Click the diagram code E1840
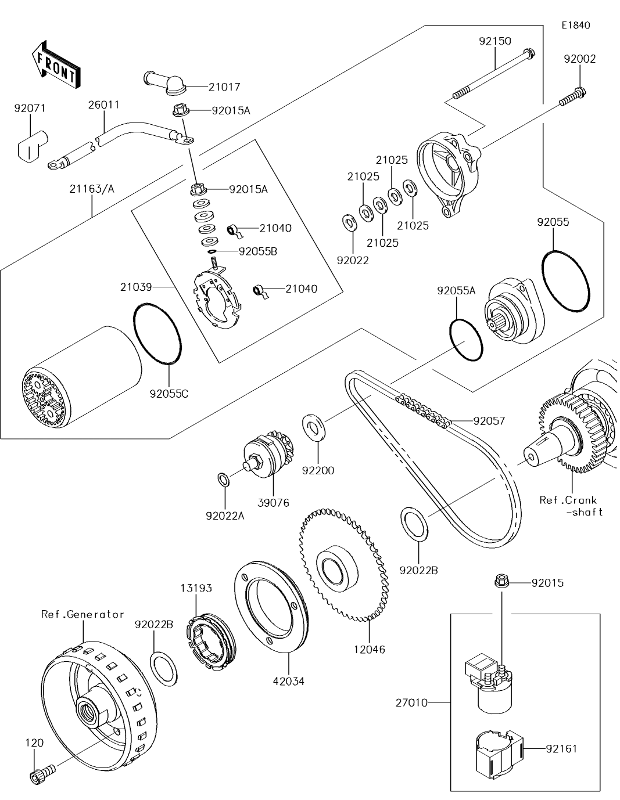coord(575,26)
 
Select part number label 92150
coord(495,41)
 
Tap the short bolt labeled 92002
coord(572,97)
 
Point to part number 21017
coord(224,87)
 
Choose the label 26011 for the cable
coord(104,105)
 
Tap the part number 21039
coord(136,287)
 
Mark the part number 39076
coord(273,503)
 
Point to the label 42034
coord(289,681)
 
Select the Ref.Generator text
coord(83,614)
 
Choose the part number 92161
coord(562,749)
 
